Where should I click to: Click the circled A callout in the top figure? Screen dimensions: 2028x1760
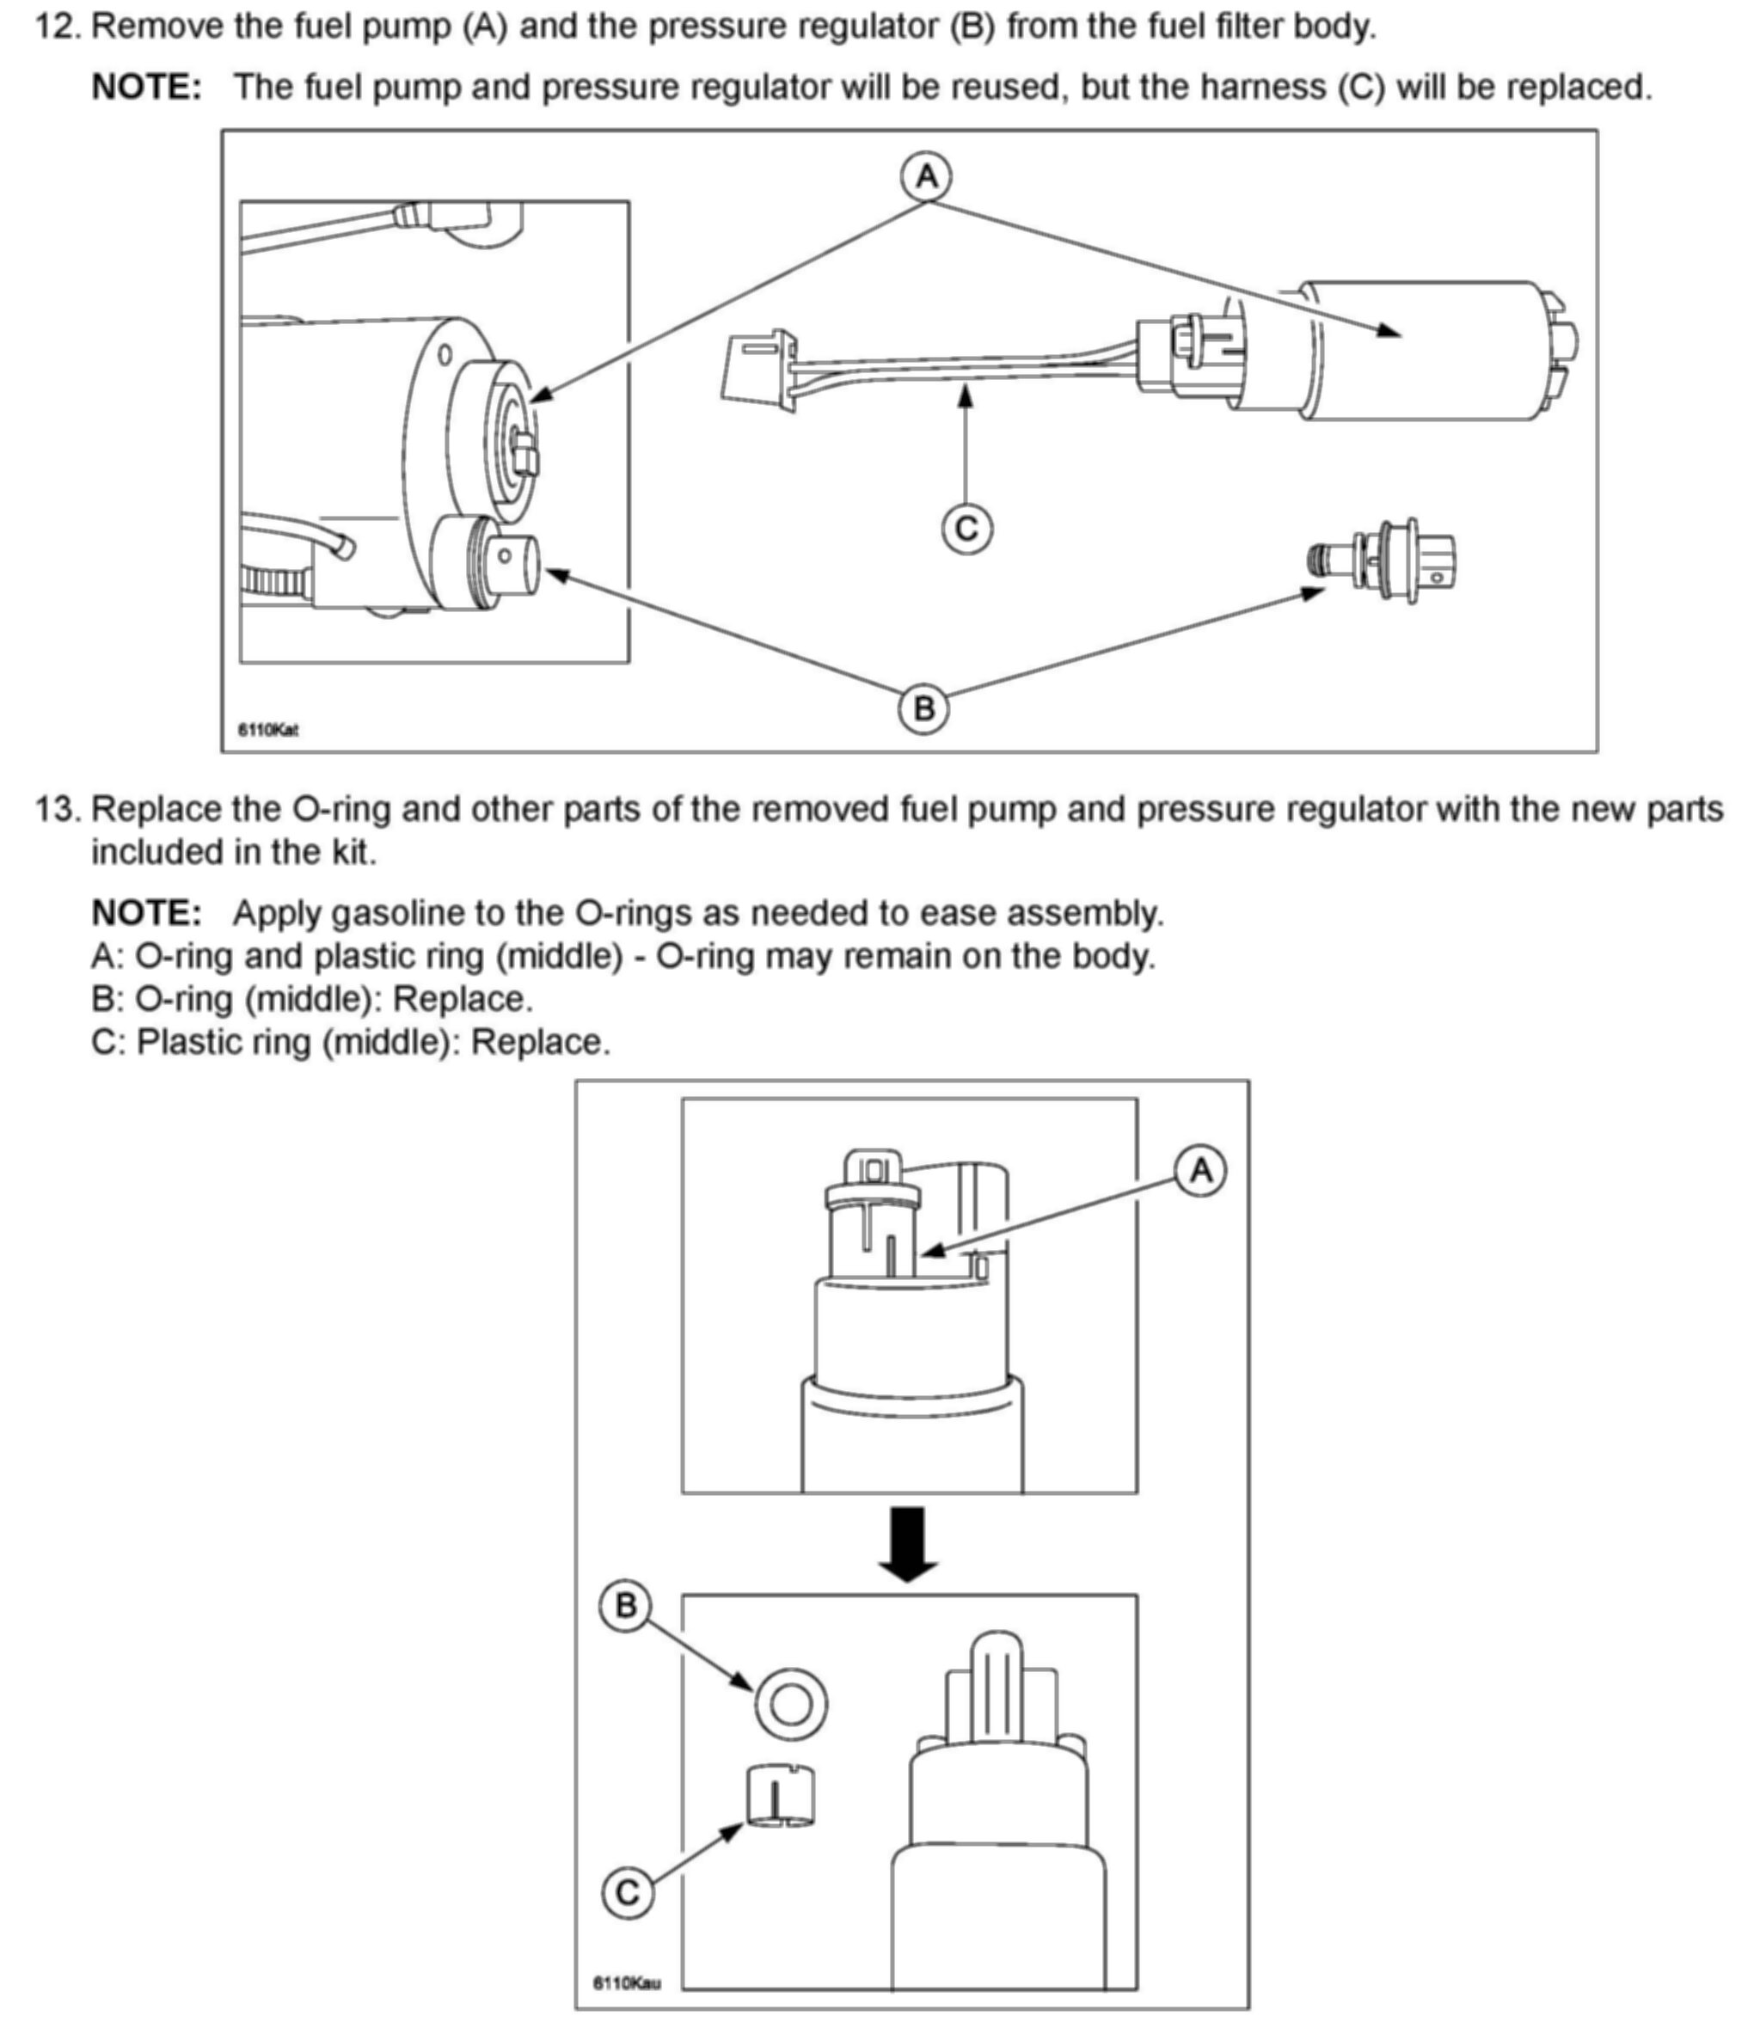coord(926,178)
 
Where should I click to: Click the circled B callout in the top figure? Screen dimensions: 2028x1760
coord(923,708)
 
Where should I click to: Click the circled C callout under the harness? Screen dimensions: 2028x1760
coord(966,529)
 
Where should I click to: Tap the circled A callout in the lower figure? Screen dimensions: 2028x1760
coord(1200,1171)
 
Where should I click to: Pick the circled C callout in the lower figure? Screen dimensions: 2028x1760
coord(627,1891)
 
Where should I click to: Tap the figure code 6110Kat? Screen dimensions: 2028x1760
coord(268,730)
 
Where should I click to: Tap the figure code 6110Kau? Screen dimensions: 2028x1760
coord(627,1982)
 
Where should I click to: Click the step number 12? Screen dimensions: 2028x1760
coord(57,27)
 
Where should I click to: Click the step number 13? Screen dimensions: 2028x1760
coord(57,809)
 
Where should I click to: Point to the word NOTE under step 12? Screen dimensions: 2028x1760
coord(146,88)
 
